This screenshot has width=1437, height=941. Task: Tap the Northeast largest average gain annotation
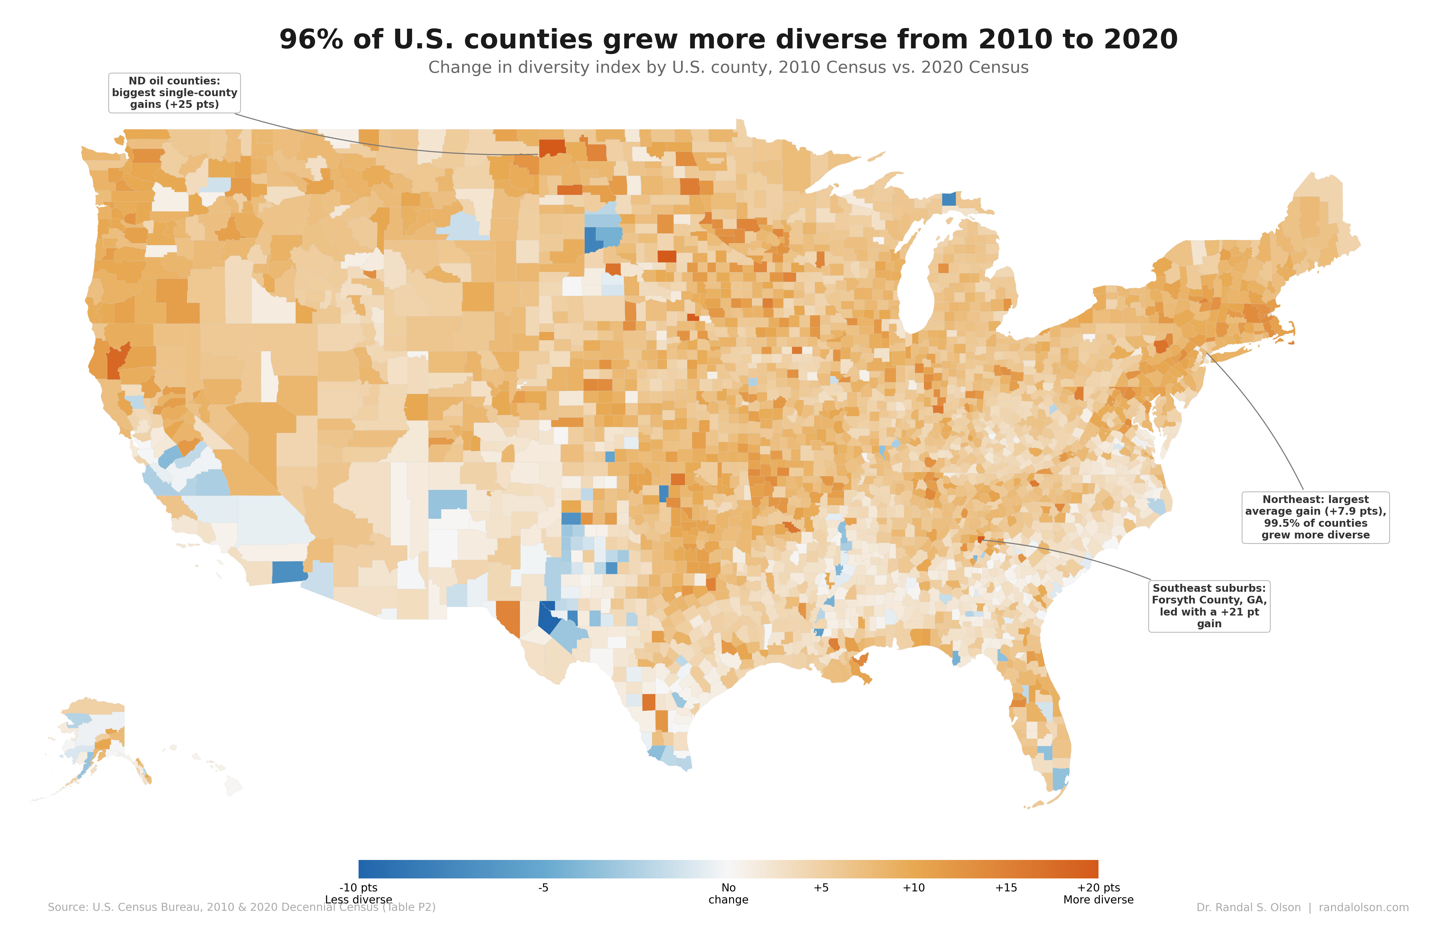pos(1315,517)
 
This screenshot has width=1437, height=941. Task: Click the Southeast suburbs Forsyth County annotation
pos(1209,606)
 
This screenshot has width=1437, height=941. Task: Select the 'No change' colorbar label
pos(728,893)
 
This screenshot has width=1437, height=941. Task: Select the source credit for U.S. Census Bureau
pos(241,907)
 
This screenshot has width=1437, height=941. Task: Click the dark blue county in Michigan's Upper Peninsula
pos(949,199)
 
